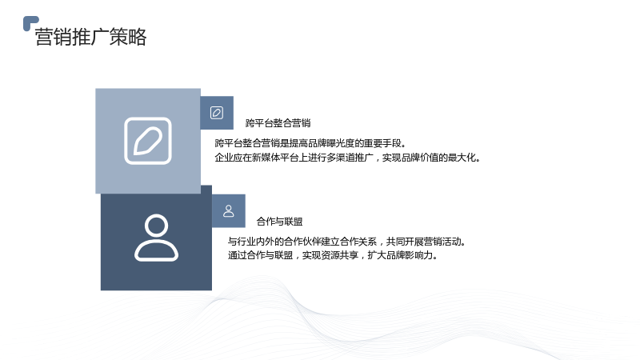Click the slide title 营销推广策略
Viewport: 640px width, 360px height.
click(90, 37)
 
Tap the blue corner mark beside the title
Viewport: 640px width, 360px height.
click(30, 23)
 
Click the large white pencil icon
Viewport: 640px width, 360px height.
click(148, 141)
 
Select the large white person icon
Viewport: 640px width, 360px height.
click(156, 238)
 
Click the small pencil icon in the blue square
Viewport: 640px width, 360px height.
click(217, 113)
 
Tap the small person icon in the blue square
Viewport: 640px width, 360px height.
click(229, 211)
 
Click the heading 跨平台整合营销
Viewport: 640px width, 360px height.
click(278, 123)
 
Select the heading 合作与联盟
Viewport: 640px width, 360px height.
click(279, 222)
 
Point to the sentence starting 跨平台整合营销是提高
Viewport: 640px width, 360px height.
click(310, 143)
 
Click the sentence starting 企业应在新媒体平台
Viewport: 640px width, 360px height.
click(347, 158)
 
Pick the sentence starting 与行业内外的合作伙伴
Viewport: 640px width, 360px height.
click(347, 242)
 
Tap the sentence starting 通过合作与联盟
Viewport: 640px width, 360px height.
click(333, 255)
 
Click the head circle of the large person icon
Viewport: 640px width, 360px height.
click(156, 225)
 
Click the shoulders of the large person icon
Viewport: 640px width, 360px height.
click(156, 250)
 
